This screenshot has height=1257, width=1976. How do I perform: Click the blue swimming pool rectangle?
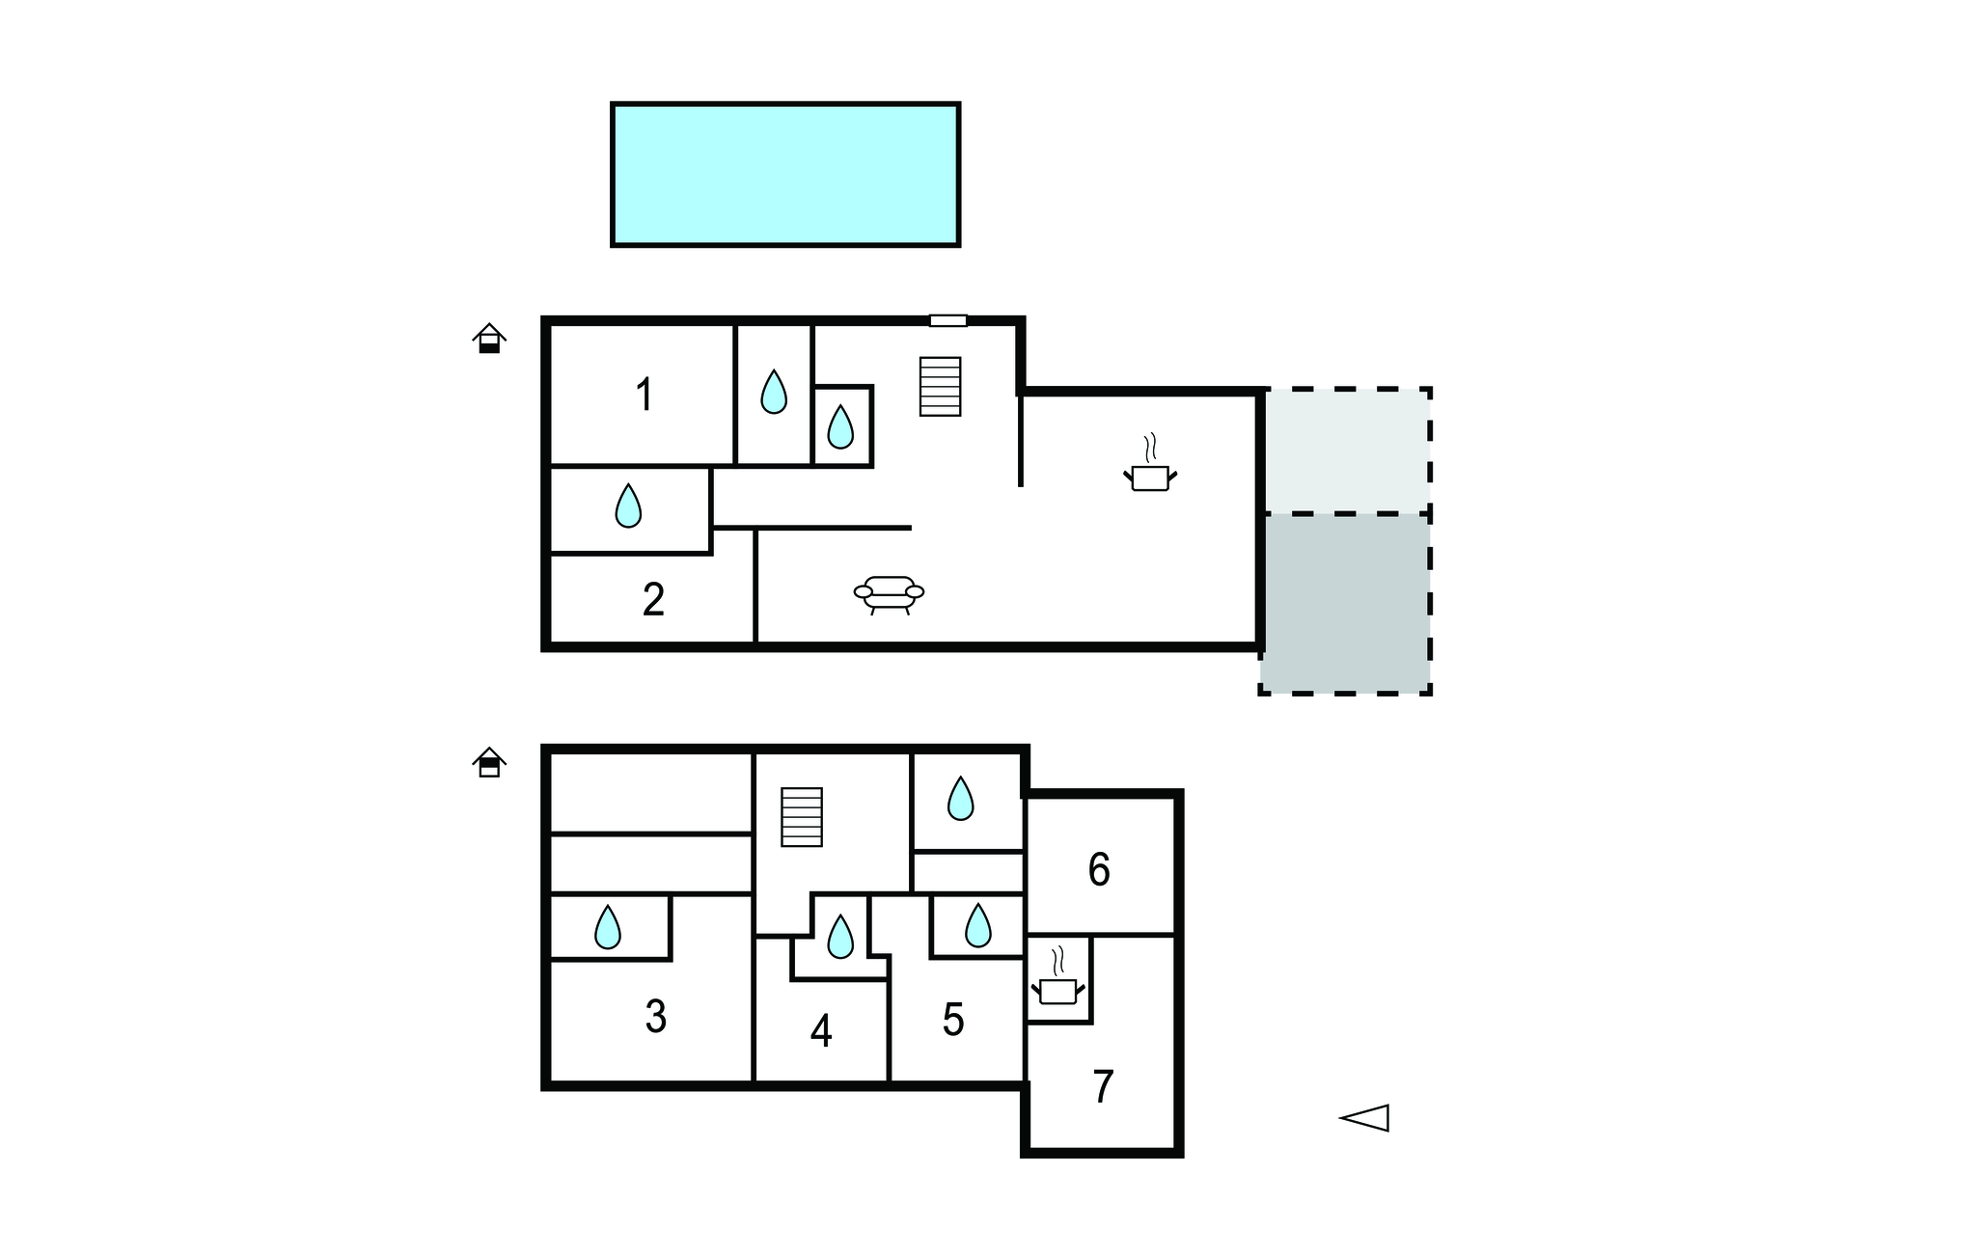pos(785,175)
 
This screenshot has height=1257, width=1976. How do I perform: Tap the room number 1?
pos(644,396)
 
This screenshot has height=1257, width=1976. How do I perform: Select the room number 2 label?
pos(653,599)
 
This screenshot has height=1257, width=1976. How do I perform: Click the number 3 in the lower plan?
pos(656,1017)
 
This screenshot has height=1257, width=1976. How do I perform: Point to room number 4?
pos(821,1031)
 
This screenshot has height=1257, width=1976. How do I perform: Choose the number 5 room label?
pos(953,1020)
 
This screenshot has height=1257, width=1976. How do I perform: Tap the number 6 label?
pos(1099,870)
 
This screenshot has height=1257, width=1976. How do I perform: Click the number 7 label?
pos(1104,1087)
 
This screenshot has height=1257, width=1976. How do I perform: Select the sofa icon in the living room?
pos(890,594)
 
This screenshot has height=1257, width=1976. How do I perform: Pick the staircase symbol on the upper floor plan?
pos(941,386)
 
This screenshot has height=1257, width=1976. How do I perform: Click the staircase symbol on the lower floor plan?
pos(802,817)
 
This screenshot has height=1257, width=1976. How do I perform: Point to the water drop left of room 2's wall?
pos(628,506)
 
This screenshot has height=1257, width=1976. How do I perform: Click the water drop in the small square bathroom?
pos(840,426)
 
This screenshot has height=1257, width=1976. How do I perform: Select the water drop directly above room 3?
pos(608,927)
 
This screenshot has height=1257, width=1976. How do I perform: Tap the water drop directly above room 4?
pos(840,936)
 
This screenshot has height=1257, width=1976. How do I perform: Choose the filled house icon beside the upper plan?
pos(489,339)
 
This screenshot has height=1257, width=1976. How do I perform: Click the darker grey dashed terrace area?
pos(1345,603)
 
